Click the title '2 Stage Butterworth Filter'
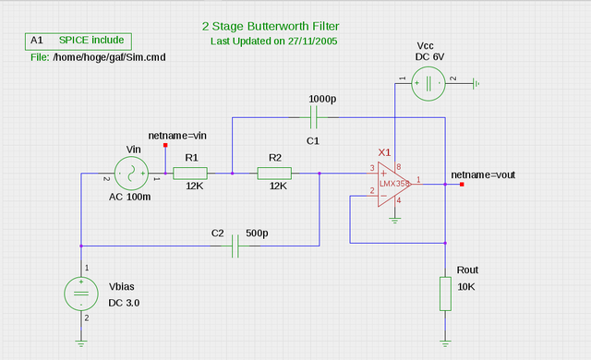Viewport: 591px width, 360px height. [x=275, y=27]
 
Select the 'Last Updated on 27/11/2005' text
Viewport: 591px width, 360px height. [x=275, y=42]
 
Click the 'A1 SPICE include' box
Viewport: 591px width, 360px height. [x=79, y=42]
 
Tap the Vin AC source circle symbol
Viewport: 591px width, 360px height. [x=130, y=173]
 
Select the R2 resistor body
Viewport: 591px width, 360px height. [x=274, y=173]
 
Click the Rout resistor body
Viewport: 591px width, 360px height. [x=446, y=294]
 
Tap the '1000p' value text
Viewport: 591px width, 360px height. [x=323, y=99]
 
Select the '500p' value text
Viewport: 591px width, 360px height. [x=257, y=233]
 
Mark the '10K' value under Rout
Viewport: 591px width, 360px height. [x=467, y=287]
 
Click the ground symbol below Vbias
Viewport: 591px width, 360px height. [x=81, y=344]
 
